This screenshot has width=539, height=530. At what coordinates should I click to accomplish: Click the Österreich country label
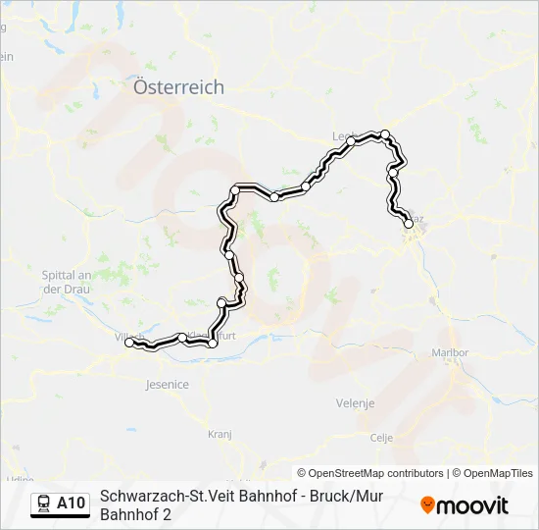[x=178, y=87]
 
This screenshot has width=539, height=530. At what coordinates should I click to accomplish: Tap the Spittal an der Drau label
[x=67, y=283]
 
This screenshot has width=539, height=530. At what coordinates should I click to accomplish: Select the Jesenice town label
[x=167, y=384]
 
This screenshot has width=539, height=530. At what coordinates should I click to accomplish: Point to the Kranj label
[x=219, y=432]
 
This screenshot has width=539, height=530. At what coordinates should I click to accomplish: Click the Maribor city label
[x=452, y=352]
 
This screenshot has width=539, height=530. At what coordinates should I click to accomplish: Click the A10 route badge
[x=71, y=503]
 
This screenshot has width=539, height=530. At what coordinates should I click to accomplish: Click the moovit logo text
[x=472, y=505]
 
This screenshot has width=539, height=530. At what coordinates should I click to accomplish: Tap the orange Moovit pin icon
[x=427, y=505]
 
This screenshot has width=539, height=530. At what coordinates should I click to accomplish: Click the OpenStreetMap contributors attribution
[x=370, y=473]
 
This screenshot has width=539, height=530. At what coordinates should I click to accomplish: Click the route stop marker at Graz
[x=409, y=225]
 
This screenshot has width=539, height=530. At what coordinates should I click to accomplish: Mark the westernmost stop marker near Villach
[x=129, y=343]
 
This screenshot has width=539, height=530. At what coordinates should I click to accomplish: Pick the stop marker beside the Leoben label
[x=350, y=142]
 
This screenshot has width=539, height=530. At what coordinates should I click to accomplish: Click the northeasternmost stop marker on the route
[x=385, y=134]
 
